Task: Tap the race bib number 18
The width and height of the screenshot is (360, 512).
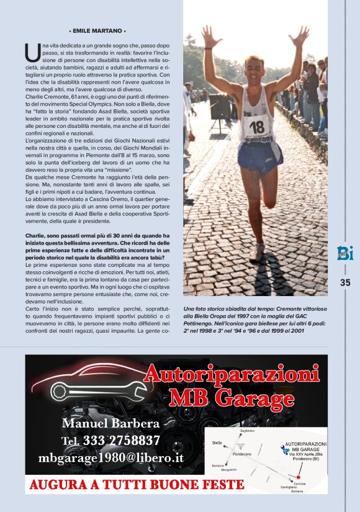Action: (256, 127)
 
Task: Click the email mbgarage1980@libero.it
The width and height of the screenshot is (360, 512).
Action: (111, 458)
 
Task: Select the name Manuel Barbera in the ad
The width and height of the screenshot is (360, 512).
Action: (111, 424)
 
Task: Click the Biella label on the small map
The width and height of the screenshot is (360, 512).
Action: (217, 443)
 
